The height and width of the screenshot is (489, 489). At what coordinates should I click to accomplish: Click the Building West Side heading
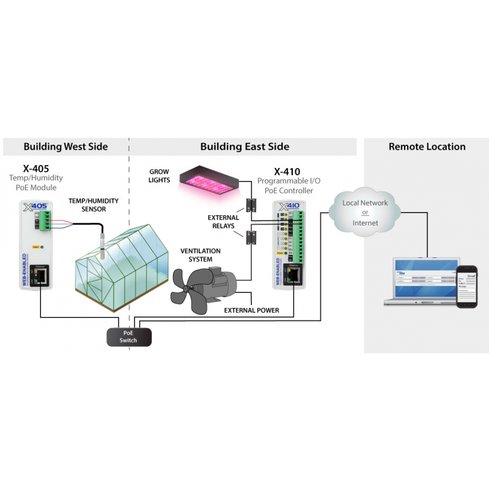(65, 147)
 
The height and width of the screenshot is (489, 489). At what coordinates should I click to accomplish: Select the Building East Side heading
(244, 147)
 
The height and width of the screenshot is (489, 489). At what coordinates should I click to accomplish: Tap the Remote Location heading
(427, 147)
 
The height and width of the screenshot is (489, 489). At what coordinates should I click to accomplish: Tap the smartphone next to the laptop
(468, 285)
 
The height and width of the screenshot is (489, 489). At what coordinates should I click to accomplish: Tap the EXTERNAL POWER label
(251, 311)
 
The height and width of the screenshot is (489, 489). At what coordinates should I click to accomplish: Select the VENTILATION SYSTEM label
(200, 255)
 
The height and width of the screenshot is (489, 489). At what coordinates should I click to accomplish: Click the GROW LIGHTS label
(159, 176)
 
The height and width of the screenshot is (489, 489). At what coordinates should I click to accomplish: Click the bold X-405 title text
(35, 167)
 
